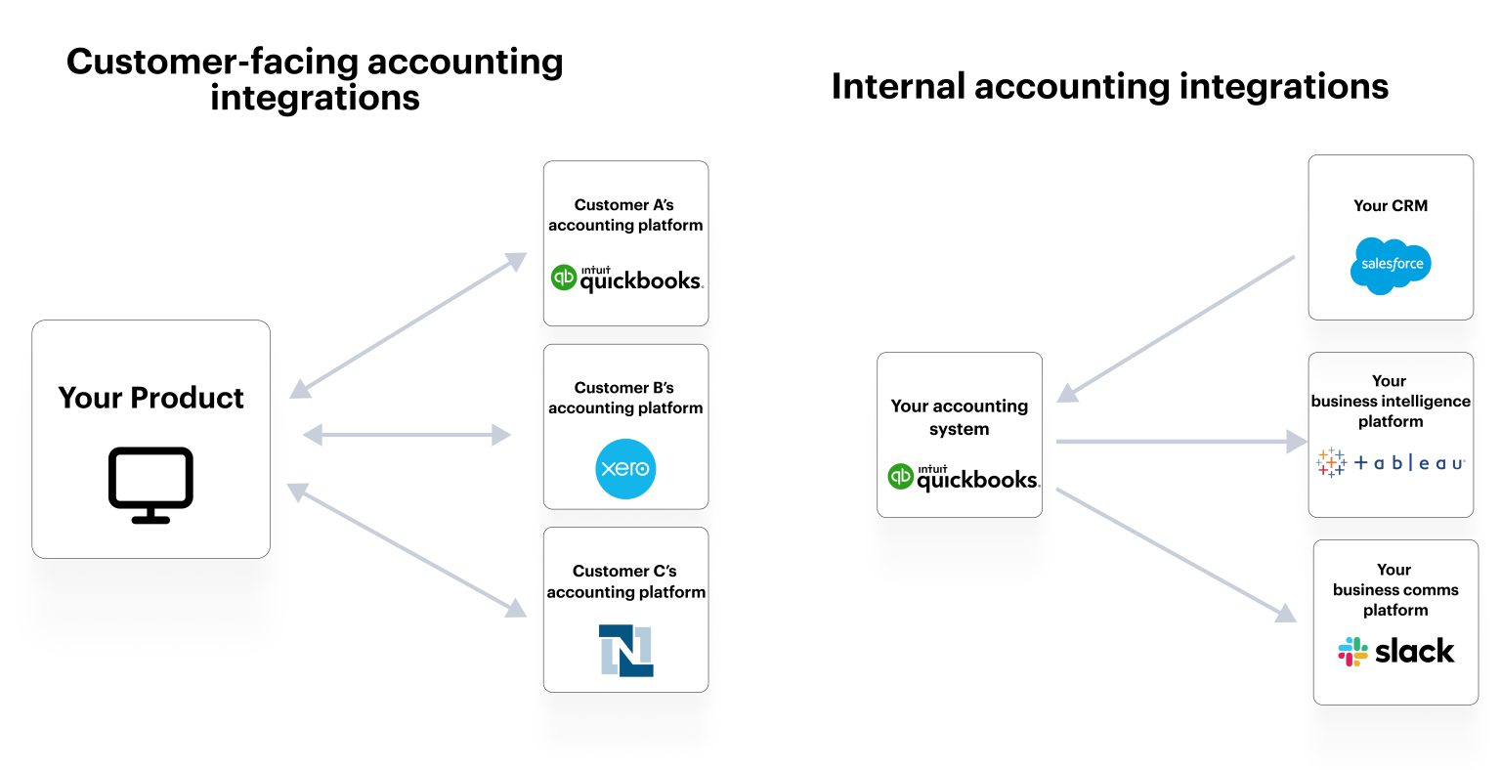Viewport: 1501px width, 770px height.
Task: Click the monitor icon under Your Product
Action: tap(150, 485)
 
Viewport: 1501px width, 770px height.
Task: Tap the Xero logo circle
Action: tap(625, 469)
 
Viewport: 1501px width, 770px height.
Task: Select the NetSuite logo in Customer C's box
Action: tap(625, 651)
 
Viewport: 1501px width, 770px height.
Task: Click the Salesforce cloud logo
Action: tap(1391, 265)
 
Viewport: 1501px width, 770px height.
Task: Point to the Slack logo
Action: tap(1395, 652)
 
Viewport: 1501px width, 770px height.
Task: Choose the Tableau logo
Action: tap(1390, 463)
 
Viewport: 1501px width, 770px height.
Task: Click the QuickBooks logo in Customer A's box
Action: tap(626, 279)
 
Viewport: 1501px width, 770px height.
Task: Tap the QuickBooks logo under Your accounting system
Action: tap(963, 477)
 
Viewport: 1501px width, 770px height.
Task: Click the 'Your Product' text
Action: tap(150, 398)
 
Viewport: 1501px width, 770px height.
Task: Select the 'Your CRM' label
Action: tap(1391, 205)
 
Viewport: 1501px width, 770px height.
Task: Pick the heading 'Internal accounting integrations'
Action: tap(1109, 86)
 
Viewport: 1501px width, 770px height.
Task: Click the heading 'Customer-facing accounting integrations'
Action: tap(315, 79)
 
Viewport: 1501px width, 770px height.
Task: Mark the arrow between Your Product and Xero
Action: tap(407, 435)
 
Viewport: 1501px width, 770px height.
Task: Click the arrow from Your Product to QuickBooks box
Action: tap(408, 325)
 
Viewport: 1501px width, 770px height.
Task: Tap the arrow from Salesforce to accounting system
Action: tap(1176, 328)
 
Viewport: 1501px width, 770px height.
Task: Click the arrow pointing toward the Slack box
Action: tap(1176, 554)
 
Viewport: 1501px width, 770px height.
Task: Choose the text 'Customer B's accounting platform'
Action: tap(625, 398)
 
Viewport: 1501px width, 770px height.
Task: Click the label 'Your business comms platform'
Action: tap(1395, 589)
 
